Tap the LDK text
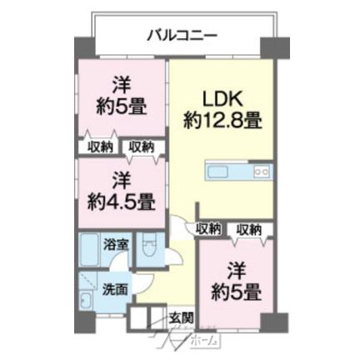(222, 96)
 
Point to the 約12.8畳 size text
(222, 119)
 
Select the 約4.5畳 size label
(121, 201)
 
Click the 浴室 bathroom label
(116, 245)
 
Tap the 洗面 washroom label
(115, 289)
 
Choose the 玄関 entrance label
(181, 317)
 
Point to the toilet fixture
(148, 248)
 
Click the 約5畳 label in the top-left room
(122, 107)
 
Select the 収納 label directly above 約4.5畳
(141, 147)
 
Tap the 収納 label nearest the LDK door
(209, 228)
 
